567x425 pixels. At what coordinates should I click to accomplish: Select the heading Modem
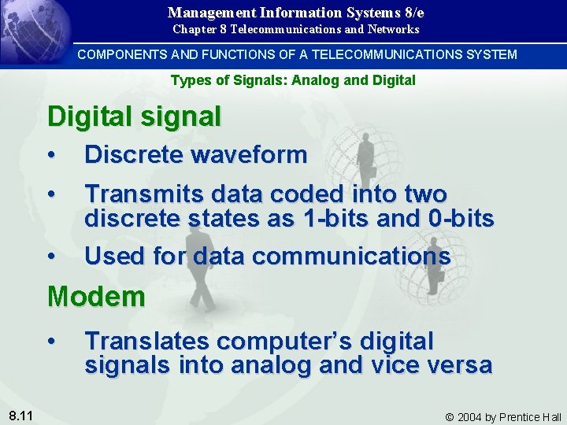pyautogui.click(x=96, y=297)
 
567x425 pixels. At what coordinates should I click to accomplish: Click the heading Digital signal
pyautogui.click(x=134, y=116)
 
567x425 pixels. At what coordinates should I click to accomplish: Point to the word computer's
pyautogui.click(x=284, y=342)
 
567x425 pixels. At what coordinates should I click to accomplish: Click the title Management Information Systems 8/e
pyautogui.click(x=296, y=13)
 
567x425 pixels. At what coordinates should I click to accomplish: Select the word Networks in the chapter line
pyautogui.click(x=395, y=29)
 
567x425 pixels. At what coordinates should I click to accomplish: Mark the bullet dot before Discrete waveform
pyautogui.click(x=51, y=155)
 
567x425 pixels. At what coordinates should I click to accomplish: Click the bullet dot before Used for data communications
pyautogui.click(x=51, y=256)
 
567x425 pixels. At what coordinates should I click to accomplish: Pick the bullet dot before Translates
pyautogui.click(x=51, y=342)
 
